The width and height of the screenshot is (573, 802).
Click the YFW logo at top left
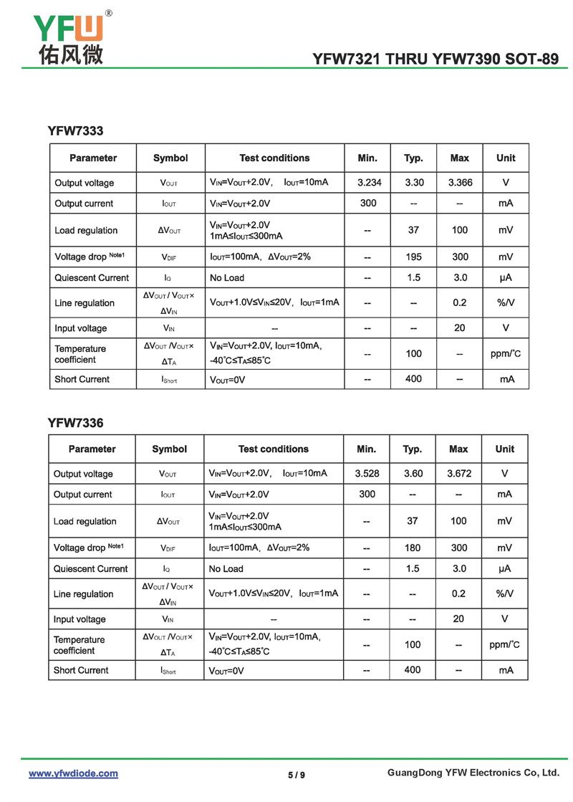coord(69,36)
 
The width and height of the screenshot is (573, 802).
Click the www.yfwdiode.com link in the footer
coord(73,773)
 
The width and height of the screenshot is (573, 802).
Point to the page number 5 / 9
coord(297,775)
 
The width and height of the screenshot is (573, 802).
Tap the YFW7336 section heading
coord(75,423)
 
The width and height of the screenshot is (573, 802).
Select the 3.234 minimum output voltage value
coord(369,183)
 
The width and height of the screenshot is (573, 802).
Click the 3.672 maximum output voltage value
coord(458,474)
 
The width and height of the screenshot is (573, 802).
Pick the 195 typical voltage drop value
coord(413,257)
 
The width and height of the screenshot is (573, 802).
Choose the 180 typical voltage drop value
coord(413,548)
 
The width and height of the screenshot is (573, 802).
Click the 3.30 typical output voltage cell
coord(414,183)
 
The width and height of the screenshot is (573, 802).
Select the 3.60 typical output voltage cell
coord(413,474)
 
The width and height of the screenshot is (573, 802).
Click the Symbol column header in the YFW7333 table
coord(170,158)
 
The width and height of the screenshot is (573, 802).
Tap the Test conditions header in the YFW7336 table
coord(273,449)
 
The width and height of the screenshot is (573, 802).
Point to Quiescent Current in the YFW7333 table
coord(92,277)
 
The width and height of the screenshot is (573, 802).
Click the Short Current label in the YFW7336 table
coord(81,670)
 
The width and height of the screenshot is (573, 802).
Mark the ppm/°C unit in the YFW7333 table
coord(506,353)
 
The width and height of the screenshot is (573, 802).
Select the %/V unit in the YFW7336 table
coord(504,593)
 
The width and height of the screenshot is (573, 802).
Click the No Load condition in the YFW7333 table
coord(227,277)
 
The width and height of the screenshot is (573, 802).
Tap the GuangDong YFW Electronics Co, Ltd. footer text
coord(473,773)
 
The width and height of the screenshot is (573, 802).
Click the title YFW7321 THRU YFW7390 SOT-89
coord(435,59)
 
